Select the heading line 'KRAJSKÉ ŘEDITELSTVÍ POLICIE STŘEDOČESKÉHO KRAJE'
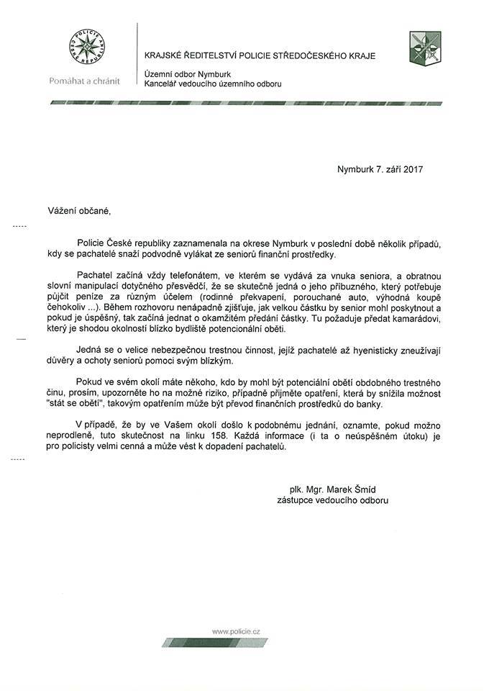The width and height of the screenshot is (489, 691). [260, 56]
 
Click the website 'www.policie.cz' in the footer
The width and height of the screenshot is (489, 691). [236, 631]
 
